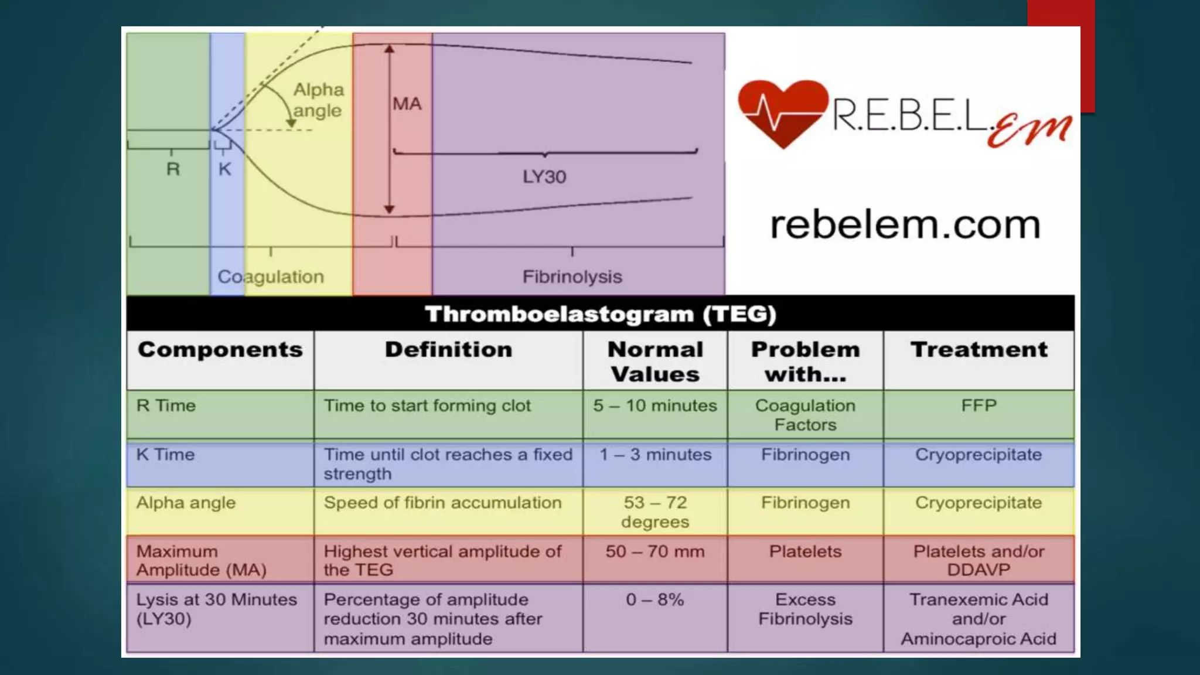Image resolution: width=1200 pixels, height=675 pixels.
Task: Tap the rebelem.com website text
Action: pos(905,224)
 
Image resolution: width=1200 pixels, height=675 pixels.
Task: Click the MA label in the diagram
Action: pos(407,104)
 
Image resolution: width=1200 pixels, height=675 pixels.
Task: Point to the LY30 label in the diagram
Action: pos(544,176)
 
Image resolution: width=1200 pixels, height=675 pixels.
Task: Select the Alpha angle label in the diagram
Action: pos(318,100)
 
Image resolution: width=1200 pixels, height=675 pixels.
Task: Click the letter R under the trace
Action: pos(173,169)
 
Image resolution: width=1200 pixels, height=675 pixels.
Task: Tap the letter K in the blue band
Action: pos(224,169)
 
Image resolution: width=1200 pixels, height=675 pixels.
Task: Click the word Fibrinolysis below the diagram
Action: pos(572,277)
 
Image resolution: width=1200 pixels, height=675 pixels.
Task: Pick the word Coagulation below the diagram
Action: pos(271,277)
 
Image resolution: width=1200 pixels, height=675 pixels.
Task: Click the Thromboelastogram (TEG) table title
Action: pos(601,314)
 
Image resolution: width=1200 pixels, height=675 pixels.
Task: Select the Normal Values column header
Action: pos(655,362)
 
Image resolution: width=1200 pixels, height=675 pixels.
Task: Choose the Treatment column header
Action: pos(979,350)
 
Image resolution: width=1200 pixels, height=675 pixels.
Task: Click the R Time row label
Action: pos(166,405)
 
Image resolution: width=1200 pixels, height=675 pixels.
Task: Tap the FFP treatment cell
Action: pos(979,405)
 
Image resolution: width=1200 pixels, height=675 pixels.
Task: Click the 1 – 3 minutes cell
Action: pos(655,455)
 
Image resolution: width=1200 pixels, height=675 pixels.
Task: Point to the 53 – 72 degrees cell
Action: pos(655,512)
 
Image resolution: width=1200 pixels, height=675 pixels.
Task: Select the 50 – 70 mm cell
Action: pos(655,551)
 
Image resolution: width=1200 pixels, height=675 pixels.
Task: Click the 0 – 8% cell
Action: pos(655,600)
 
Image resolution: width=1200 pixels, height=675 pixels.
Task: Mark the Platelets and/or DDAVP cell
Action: pos(979,560)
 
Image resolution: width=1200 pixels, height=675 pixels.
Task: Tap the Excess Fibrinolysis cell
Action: pos(805,609)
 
